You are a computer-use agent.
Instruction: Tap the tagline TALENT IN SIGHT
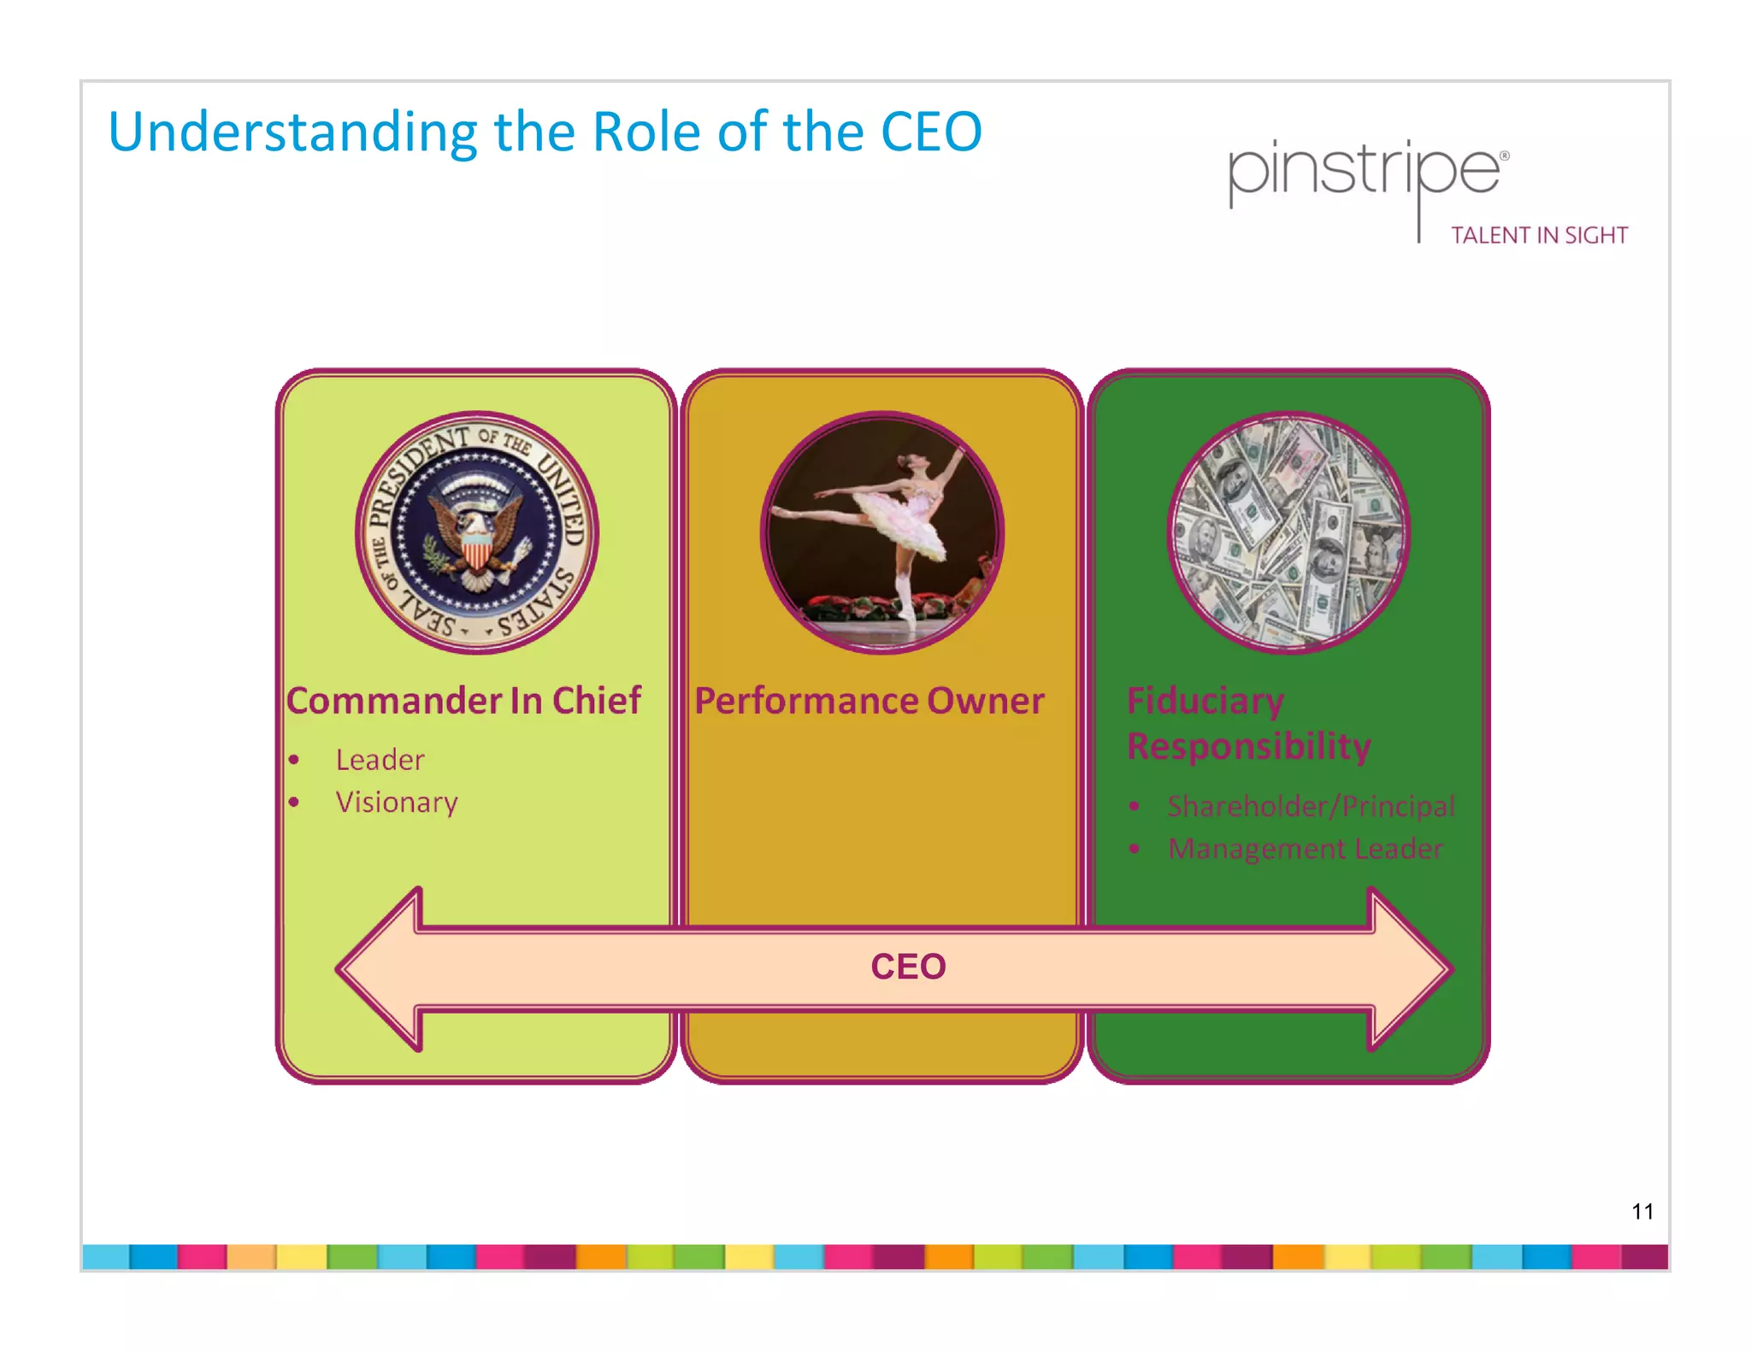pyautogui.click(x=1539, y=236)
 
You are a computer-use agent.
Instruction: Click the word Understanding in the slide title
pyautogui.click(x=292, y=132)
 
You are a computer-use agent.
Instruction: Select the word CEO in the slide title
pyautogui.click(x=931, y=132)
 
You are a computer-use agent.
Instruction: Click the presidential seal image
pyautogui.click(x=477, y=533)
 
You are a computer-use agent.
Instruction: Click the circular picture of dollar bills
pyautogui.click(x=1288, y=533)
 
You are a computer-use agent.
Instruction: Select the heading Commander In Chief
pyautogui.click(x=463, y=701)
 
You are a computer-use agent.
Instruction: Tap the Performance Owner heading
pyautogui.click(x=869, y=701)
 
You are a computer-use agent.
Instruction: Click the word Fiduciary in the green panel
pyautogui.click(x=1205, y=701)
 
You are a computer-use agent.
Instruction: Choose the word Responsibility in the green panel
pyautogui.click(x=1248, y=746)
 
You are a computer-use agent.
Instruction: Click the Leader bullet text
pyautogui.click(x=380, y=760)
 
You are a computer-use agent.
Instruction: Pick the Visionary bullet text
pyautogui.click(x=397, y=802)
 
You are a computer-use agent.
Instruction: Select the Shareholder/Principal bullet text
pyautogui.click(x=1311, y=806)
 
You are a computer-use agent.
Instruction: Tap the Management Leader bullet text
pyautogui.click(x=1305, y=849)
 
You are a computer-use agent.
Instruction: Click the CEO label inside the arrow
pyautogui.click(x=908, y=967)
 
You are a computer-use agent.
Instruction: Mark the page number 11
pyautogui.click(x=1642, y=1211)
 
